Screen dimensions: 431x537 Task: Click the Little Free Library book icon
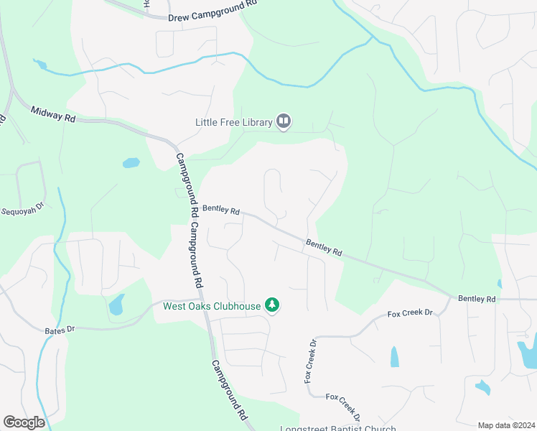284,122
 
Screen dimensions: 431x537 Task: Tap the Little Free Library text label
234,122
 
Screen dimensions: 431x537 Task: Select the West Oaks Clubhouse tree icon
272,306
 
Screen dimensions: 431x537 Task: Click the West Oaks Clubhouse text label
212,307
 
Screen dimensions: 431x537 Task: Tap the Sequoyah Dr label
22,211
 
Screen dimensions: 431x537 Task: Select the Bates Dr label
60,329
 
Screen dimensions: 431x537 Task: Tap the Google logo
24,422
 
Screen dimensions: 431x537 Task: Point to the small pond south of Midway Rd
131,163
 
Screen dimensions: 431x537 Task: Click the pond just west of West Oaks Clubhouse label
116,305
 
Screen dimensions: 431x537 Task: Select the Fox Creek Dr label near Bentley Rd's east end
411,313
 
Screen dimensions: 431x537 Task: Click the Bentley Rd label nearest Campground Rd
220,210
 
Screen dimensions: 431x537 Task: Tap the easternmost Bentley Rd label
477,298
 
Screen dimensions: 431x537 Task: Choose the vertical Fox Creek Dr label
311,361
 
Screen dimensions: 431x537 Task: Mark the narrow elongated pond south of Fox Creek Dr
394,356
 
